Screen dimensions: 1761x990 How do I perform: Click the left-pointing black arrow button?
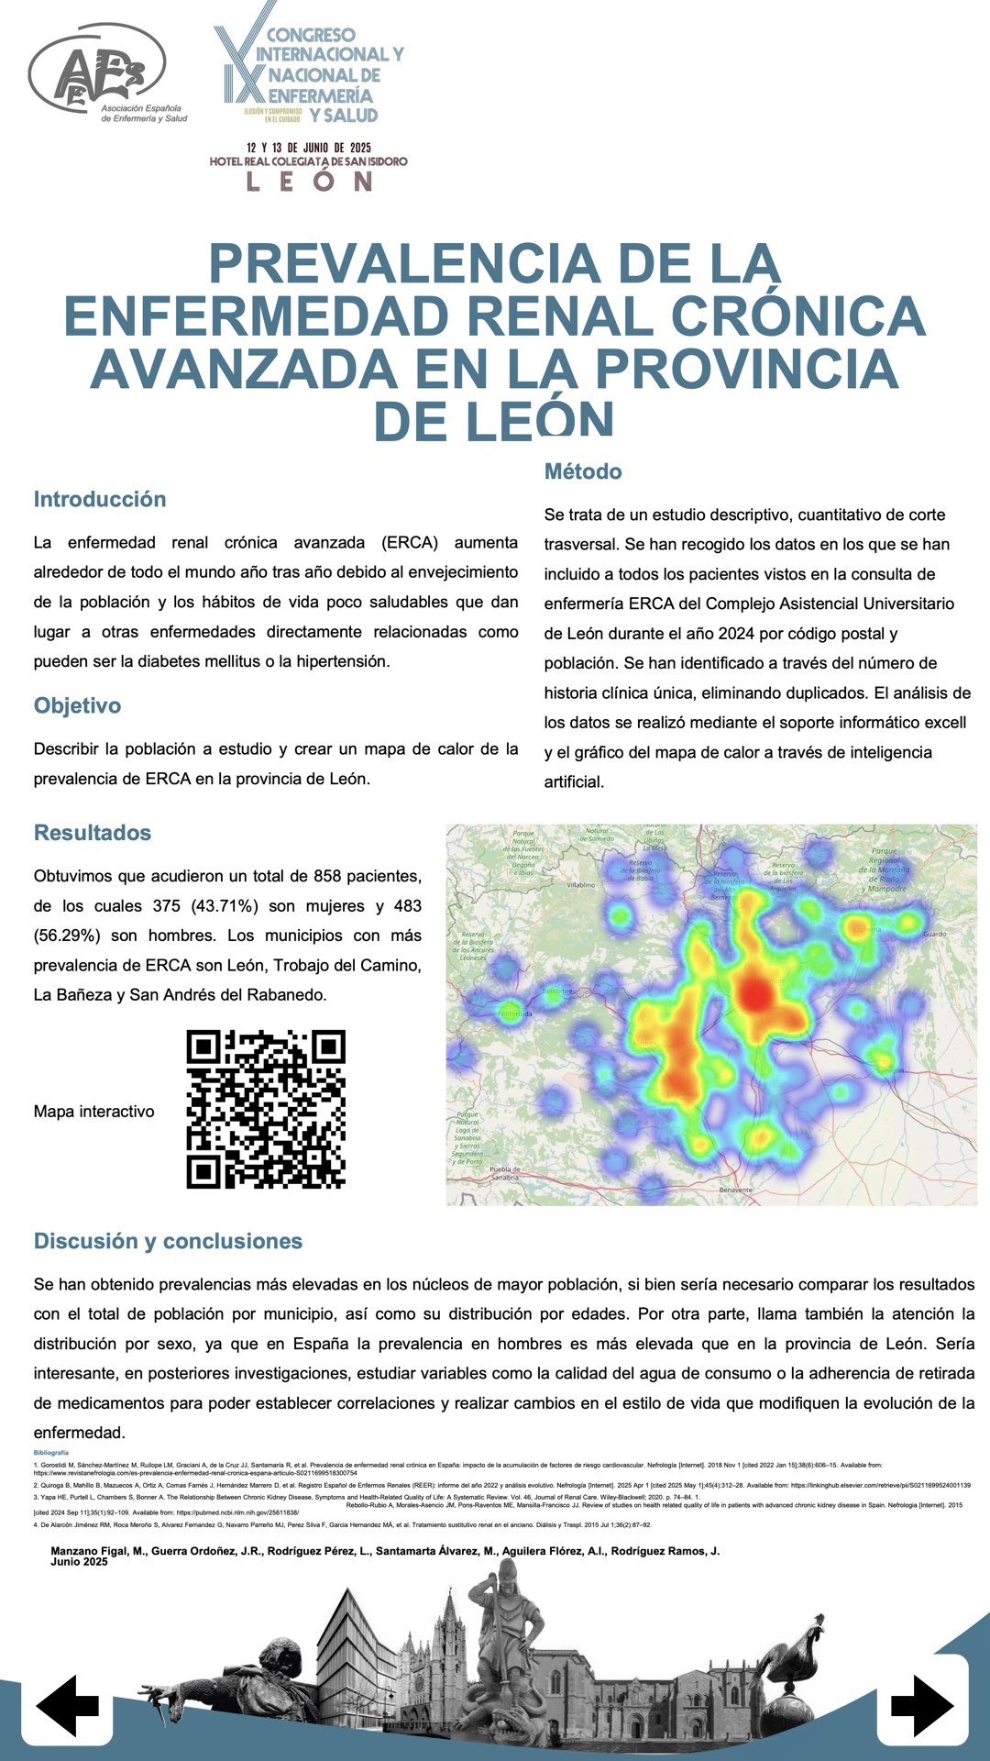pyautogui.click(x=68, y=1705)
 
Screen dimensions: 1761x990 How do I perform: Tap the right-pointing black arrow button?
pyautogui.click(x=921, y=1705)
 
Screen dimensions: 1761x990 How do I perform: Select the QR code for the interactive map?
pyautogui.click(x=266, y=1109)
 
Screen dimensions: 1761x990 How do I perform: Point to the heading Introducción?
pyautogui.click(x=100, y=499)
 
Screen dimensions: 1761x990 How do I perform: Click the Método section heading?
pyautogui.click(x=583, y=471)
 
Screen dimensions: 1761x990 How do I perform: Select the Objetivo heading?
pyautogui.click(x=77, y=705)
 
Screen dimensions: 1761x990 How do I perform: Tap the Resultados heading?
pyautogui.click(x=93, y=833)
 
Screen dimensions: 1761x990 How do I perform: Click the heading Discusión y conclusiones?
pyautogui.click(x=168, y=1241)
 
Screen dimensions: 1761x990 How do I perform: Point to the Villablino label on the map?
pyautogui.click(x=580, y=885)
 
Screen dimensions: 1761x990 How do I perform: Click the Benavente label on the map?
pyautogui.click(x=735, y=1190)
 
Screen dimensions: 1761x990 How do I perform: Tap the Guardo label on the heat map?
pyautogui.click(x=934, y=934)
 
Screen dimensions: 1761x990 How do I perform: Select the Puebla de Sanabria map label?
pyautogui.click(x=505, y=1173)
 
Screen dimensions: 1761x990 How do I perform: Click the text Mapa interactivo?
pyautogui.click(x=93, y=1112)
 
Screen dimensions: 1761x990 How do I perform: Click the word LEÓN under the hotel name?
pyautogui.click(x=308, y=181)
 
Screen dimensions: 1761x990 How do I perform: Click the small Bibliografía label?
pyautogui.click(x=50, y=1453)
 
